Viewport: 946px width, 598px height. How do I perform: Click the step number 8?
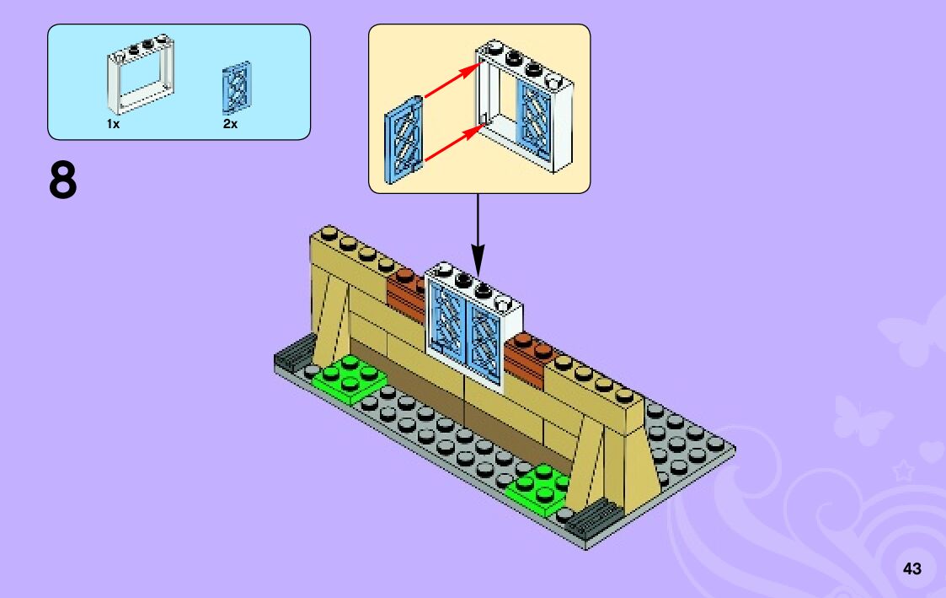63,180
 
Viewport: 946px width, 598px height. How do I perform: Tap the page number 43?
911,568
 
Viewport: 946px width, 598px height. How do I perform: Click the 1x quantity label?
113,124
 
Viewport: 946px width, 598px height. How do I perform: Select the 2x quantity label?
231,124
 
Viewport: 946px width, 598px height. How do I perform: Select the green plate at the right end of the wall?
537,487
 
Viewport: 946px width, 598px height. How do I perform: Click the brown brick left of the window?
406,293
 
